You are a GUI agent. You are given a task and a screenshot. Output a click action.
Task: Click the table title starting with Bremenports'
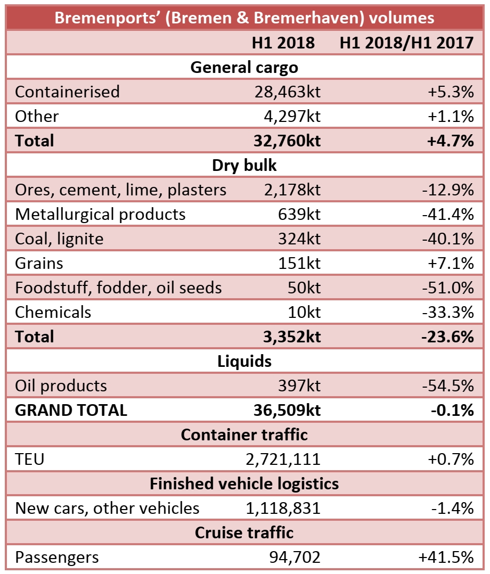tap(244, 18)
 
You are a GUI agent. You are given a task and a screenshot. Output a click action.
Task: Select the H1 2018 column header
tap(283, 43)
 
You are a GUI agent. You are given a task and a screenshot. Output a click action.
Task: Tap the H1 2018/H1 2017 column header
tap(406, 43)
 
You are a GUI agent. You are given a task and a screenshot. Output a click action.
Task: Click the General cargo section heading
tap(244, 67)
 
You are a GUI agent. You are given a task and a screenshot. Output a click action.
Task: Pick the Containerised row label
tap(67, 92)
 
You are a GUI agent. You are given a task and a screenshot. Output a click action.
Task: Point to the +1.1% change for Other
tap(451, 116)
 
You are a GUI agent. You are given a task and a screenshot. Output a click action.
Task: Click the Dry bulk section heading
tap(244, 165)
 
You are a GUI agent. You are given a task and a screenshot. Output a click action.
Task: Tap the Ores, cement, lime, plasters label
tap(121, 190)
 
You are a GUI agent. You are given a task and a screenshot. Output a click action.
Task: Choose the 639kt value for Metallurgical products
tap(299, 214)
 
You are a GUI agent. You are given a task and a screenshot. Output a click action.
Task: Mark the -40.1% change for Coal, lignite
tap(447, 239)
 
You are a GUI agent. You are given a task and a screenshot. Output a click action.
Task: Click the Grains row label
tap(39, 263)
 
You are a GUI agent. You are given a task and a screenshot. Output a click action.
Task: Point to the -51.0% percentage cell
tap(447, 288)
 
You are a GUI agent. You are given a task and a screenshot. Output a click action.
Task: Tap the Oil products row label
tap(61, 386)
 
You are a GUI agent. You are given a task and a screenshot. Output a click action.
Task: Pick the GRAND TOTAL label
tap(71, 410)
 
